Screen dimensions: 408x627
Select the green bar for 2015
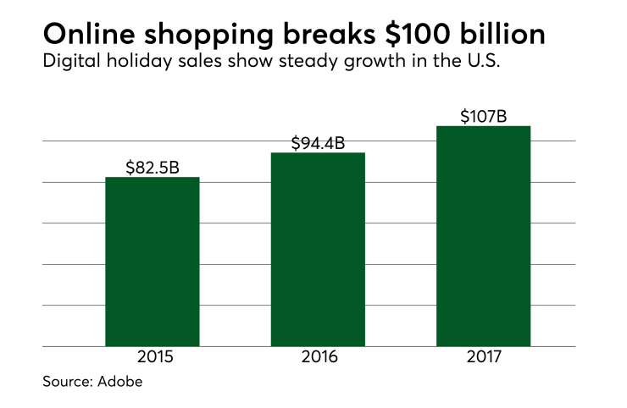click(x=153, y=262)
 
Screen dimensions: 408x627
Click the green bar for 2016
click(x=318, y=250)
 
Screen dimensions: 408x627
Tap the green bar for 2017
click(x=483, y=236)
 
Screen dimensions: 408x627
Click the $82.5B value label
click(x=153, y=168)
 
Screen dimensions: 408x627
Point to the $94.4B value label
click(x=318, y=143)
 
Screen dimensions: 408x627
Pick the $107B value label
click(x=483, y=116)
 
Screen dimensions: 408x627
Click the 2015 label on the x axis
click(x=153, y=357)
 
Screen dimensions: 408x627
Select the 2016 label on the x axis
click(x=318, y=357)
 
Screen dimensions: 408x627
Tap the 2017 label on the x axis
click(x=483, y=357)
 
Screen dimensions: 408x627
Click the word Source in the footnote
click(x=64, y=382)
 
